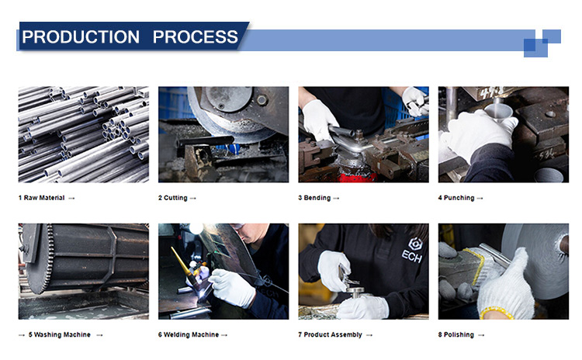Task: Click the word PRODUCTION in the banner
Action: tap(81, 36)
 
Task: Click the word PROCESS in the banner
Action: tap(196, 36)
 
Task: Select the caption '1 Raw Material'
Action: tap(42, 198)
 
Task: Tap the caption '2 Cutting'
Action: tap(172, 198)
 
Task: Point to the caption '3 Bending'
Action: tap(314, 198)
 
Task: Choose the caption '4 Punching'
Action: tap(456, 198)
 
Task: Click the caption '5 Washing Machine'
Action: tap(60, 334)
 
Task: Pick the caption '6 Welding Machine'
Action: tap(189, 334)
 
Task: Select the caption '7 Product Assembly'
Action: tap(330, 334)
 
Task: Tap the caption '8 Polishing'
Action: tap(456, 334)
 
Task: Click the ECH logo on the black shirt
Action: tap(413, 250)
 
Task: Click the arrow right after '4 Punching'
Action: tap(480, 198)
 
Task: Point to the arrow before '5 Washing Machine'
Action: tap(22, 335)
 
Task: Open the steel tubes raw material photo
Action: tap(84, 134)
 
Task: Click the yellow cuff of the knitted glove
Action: tap(497, 313)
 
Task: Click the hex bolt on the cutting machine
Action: tap(262, 99)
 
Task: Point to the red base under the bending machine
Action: tap(351, 176)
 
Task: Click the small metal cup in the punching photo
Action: tap(498, 112)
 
